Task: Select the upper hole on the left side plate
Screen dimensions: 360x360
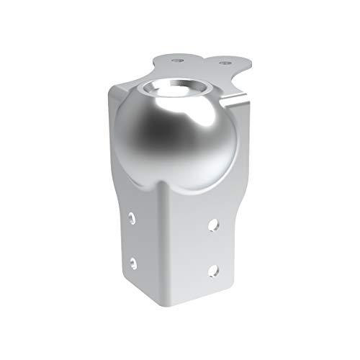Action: click(x=134, y=216)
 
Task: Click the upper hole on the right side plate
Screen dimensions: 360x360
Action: click(x=213, y=225)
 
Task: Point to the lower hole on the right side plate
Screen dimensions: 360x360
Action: click(x=213, y=269)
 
